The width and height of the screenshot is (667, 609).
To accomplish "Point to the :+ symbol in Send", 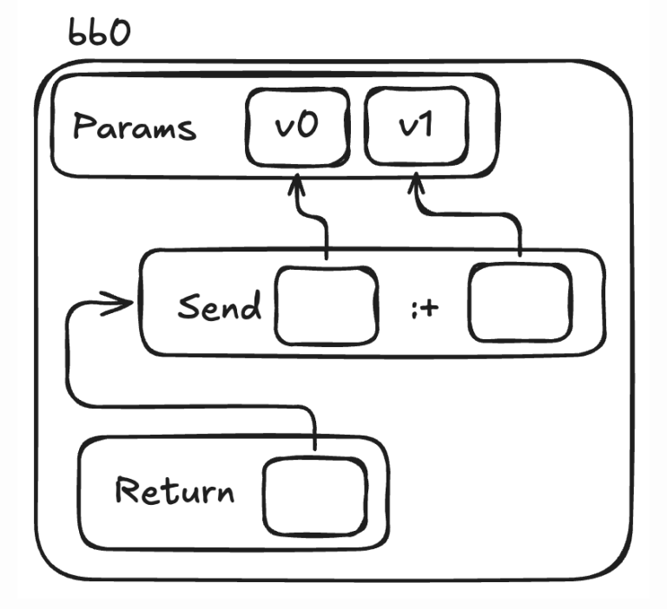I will [x=423, y=308].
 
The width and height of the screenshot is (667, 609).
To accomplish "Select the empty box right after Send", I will [x=327, y=306].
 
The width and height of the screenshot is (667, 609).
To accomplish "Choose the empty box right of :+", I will [x=520, y=303].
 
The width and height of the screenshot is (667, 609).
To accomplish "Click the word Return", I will [x=175, y=492].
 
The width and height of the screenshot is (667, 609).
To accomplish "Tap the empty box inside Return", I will [x=314, y=497].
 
